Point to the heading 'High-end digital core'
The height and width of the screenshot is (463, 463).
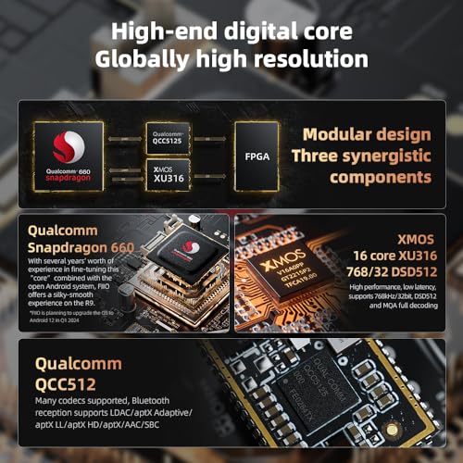tap(231, 31)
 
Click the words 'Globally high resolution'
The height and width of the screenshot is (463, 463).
tap(231, 60)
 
